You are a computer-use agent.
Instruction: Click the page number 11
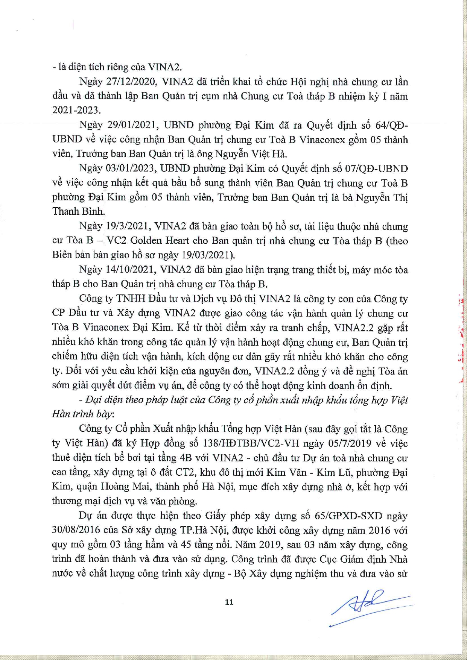coord(229,602)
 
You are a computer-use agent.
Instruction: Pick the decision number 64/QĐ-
coord(389,125)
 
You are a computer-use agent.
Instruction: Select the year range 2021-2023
coord(76,111)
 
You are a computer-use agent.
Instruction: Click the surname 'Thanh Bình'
coord(78,211)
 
